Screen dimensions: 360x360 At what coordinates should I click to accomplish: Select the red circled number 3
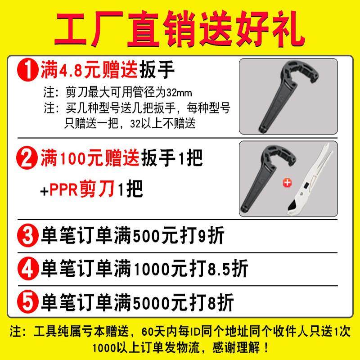(28, 237)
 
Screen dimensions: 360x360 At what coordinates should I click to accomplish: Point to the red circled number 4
(28, 269)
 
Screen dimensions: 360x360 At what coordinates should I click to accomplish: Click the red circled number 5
(28, 301)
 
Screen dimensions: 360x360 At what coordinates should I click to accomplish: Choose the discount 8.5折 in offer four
(228, 269)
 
